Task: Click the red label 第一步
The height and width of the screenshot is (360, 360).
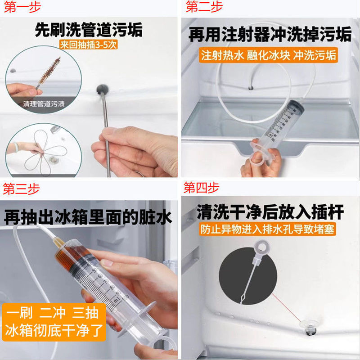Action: (22, 6)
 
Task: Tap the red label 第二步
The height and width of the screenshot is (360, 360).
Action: (204, 6)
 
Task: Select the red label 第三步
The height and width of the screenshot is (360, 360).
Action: (21, 189)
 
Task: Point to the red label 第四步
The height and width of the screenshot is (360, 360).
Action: (201, 187)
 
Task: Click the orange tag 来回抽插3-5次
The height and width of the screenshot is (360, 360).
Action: (88, 45)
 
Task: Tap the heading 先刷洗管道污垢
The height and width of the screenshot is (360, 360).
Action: (89, 29)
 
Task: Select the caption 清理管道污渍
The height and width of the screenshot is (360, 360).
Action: (44, 104)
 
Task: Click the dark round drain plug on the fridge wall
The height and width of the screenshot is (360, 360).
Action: (103, 89)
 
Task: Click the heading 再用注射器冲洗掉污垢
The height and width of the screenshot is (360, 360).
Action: (270, 34)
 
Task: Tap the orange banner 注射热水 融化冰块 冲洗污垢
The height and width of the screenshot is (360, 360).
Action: (268, 55)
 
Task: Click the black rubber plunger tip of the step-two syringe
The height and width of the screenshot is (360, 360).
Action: (296, 107)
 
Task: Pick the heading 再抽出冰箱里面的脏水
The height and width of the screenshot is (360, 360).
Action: (88, 217)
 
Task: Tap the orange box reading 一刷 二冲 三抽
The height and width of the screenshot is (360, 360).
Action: (54, 322)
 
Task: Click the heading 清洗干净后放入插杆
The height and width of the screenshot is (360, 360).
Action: (270, 211)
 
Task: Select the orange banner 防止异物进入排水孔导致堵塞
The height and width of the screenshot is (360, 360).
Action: (267, 229)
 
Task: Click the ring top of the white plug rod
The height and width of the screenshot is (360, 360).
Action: (261, 247)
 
